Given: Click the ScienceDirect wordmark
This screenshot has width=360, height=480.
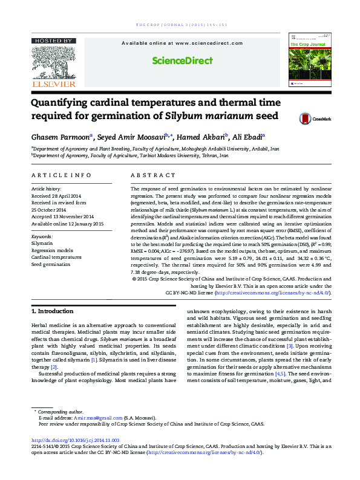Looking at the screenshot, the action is (182, 60).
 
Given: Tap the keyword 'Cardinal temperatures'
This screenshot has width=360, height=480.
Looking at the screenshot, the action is (56, 257).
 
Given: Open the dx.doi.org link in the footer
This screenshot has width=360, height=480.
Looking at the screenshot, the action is (75, 441).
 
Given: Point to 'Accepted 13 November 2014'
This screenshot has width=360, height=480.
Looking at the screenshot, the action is (62, 216).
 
